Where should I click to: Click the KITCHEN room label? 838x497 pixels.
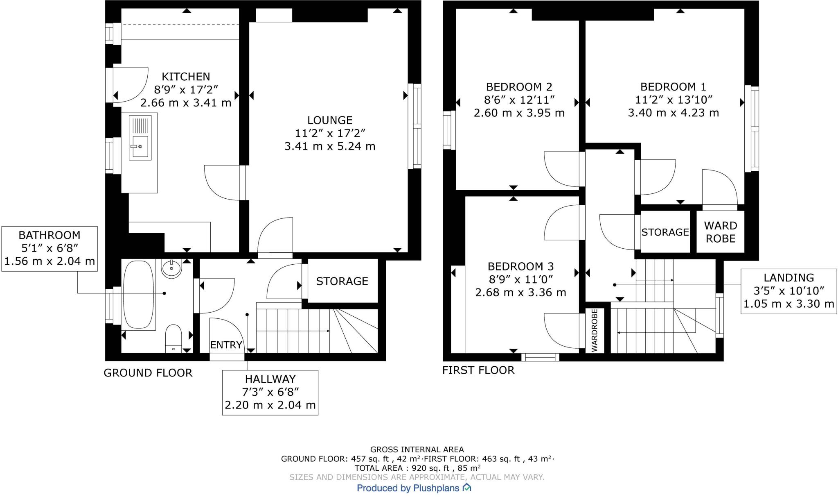tap(186, 77)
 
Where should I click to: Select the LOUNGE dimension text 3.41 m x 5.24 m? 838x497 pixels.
tap(330, 146)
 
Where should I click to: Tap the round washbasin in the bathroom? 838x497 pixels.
tap(171, 269)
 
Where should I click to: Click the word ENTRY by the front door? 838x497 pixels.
tap(226, 345)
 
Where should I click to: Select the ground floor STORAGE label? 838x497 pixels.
tap(342, 281)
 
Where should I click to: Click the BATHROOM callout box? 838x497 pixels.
tap(50, 248)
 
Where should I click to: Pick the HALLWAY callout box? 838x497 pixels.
tap(270, 392)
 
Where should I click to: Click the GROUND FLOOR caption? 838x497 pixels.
tap(148, 373)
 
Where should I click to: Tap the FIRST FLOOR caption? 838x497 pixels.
tap(478, 370)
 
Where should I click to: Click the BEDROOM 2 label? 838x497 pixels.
tap(519, 87)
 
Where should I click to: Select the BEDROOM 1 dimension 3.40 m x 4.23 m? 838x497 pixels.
tap(673, 113)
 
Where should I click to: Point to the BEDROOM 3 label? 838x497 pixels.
tap(520, 267)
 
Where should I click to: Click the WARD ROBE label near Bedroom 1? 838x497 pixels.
tap(720, 232)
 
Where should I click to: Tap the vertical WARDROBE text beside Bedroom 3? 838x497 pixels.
tap(595, 330)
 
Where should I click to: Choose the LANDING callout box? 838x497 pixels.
tap(788, 291)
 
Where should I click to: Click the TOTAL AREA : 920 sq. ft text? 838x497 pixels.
tap(417, 468)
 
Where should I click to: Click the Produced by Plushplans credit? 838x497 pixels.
tap(414, 488)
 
